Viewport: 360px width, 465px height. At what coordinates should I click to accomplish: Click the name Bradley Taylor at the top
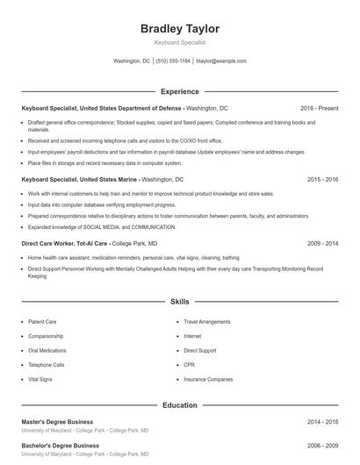180,29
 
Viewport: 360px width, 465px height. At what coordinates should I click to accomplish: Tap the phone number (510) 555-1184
174,61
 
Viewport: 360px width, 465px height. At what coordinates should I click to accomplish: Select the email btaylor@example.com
221,61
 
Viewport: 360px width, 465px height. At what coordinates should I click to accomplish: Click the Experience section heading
180,91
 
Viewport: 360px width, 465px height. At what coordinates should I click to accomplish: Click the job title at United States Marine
80,178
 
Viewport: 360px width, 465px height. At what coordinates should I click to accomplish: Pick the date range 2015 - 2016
322,178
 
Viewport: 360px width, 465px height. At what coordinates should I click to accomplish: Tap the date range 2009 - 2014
322,242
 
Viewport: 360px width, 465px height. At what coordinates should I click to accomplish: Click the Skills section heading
180,301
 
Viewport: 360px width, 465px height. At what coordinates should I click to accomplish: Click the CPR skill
189,364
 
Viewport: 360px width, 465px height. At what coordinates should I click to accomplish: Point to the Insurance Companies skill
208,379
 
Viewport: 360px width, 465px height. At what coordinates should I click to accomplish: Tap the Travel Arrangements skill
208,322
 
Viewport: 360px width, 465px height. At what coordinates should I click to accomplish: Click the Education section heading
180,405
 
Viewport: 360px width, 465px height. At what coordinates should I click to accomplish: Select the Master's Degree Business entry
57,422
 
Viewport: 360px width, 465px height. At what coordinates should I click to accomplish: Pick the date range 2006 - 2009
322,446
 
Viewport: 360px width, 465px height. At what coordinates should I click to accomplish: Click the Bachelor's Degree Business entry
60,446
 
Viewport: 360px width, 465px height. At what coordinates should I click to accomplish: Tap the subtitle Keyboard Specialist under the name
180,42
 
